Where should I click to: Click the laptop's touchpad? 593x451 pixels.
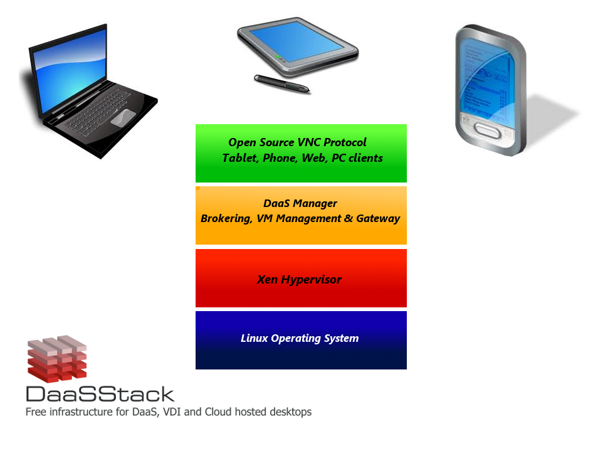pos(123,117)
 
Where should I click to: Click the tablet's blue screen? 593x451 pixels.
pos(298,41)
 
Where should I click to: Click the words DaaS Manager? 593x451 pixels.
pos(300,204)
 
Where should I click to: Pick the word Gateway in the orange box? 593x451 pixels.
pos(378,219)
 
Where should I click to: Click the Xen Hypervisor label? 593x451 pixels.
pos(299,280)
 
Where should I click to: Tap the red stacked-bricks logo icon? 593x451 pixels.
pos(57,359)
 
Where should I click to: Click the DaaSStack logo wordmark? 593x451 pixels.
pos(100,395)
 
